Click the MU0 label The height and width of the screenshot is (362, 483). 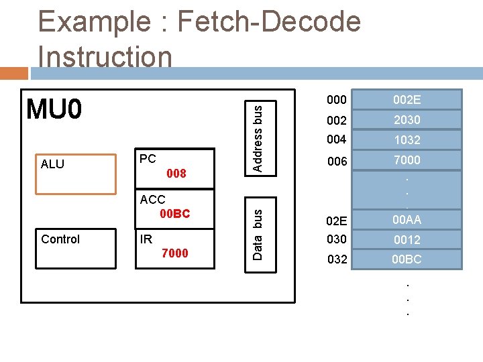point(54,108)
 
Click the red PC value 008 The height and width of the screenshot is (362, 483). point(176,174)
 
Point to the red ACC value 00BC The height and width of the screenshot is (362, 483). point(175,214)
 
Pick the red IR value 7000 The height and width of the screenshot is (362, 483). point(175,253)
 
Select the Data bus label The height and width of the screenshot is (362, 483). point(258,232)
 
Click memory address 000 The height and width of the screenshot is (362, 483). point(337,100)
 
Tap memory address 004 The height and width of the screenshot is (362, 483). point(337,140)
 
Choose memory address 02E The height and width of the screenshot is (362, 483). point(337,221)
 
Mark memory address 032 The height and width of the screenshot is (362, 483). point(337,259)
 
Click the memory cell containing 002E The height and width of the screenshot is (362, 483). point(407,100)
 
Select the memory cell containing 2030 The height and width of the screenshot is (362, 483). point(407,120)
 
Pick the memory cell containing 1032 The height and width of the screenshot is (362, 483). point(407,140)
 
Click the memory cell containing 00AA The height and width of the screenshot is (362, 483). point(407,219)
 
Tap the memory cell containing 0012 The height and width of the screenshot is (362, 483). point(407,239)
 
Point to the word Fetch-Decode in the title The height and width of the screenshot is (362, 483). point(268,22)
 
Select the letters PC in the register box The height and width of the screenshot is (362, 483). point(148,159)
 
